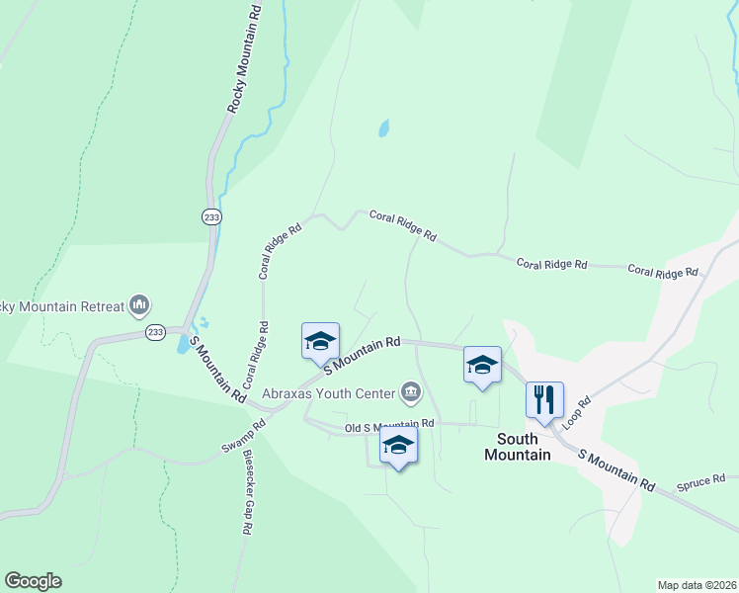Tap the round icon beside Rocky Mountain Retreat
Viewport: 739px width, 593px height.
click(x=139, y=303)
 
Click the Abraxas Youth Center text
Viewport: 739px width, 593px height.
click(x=329, y=392)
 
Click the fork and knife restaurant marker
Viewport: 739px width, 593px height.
click(x=544, y=400)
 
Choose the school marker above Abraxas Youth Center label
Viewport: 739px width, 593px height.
click(x=320, y=341)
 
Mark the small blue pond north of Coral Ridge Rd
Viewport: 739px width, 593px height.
click(x=382, y=128)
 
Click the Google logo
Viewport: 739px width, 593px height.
click(x=33, y=581)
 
